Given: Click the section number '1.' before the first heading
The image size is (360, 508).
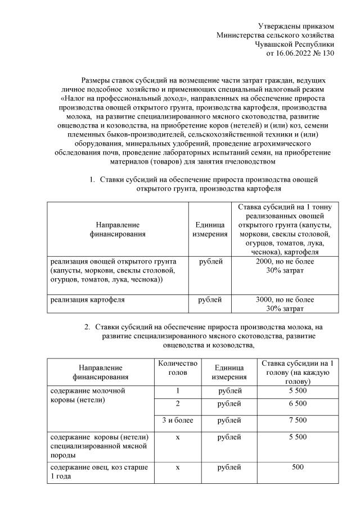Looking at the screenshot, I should [92, 180].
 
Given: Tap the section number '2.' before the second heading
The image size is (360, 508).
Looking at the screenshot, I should [88, 326].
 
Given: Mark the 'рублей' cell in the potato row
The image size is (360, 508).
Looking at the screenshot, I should [210, 300].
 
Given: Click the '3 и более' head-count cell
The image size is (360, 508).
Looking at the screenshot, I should [177, 420].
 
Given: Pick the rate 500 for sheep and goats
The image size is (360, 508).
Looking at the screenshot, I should [298, 467].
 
